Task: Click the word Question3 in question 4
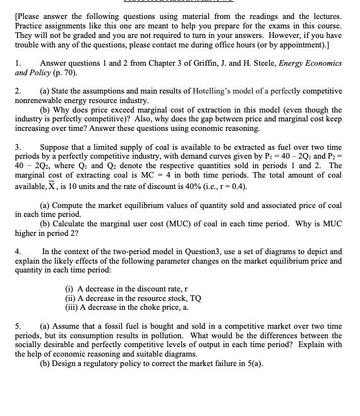[x=204, y=252]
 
